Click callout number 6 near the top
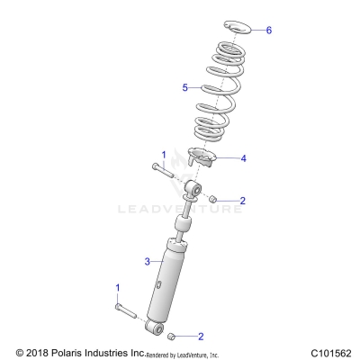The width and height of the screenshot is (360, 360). (x=268, y=30)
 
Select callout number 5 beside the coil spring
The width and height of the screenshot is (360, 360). (x=184, y=87)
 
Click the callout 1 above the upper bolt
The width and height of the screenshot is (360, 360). (x=163, y=155)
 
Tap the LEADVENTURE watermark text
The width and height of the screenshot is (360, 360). (x=180, y=211)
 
